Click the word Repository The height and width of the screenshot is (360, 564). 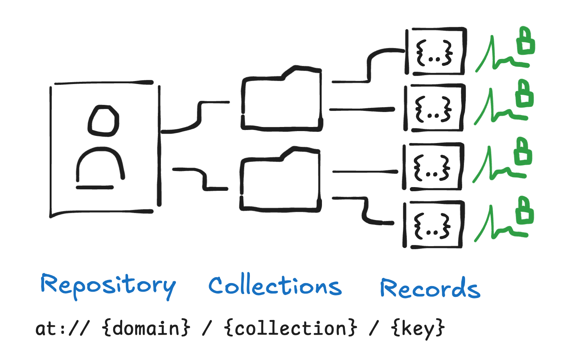coord(108,286)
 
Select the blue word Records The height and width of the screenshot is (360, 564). coord(430,288)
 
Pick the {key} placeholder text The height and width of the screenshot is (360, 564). coord(418,329)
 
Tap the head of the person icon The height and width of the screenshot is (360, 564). coord(103,121)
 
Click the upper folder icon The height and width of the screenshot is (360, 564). coord(282,99)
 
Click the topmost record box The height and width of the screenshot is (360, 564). coord(436,52)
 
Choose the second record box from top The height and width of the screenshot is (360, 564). coord(434,108)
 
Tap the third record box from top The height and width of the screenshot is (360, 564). coord(433,167)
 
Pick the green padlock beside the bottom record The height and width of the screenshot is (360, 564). coord(525,210)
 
